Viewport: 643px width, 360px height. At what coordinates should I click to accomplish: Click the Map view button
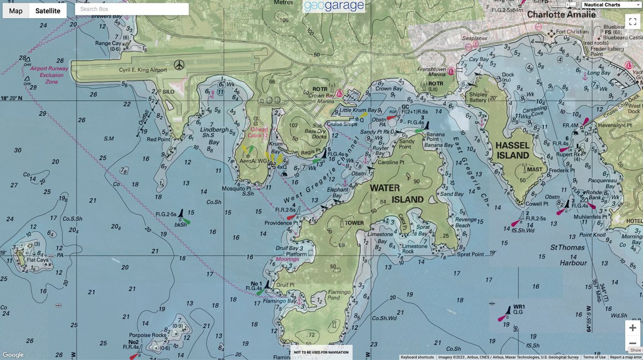tap(16, 10)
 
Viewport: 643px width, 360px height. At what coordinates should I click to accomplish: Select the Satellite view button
tap(48, 10)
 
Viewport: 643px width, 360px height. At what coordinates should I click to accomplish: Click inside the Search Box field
tap(132, 9)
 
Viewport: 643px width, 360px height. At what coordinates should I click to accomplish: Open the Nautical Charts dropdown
tap(611, 5)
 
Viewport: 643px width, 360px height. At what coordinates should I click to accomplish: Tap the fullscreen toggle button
tap(632, 21)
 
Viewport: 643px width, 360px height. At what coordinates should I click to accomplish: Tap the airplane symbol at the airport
tap(179, 65)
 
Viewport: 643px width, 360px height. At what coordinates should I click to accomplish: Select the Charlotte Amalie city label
tap(561, 14)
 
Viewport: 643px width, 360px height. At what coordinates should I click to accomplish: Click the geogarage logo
tap(333, 6)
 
